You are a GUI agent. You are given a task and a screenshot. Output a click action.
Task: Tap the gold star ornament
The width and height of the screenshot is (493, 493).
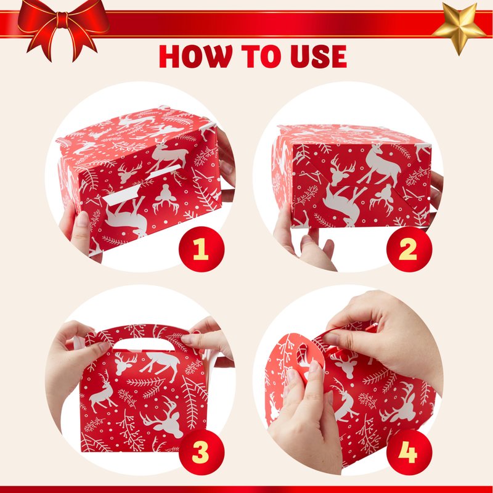(x=460, y=28)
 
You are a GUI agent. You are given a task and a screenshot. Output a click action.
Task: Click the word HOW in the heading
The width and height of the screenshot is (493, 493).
(x=195, y=57)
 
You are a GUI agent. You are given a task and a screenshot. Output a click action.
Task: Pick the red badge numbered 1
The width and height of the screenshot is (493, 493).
(x=202, y=249)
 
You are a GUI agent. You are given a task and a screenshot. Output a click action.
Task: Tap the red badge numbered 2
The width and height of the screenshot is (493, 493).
(x=409, y=249)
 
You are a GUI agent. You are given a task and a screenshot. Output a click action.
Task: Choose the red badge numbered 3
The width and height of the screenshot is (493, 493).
(x=202, y=453)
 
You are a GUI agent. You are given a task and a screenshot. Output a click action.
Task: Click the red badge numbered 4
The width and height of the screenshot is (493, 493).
(x=409, y=453)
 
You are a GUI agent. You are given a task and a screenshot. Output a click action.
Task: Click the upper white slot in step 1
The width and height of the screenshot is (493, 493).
(x=165, y=171)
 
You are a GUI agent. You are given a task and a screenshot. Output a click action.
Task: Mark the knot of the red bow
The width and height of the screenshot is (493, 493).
(x=63, y=20)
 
